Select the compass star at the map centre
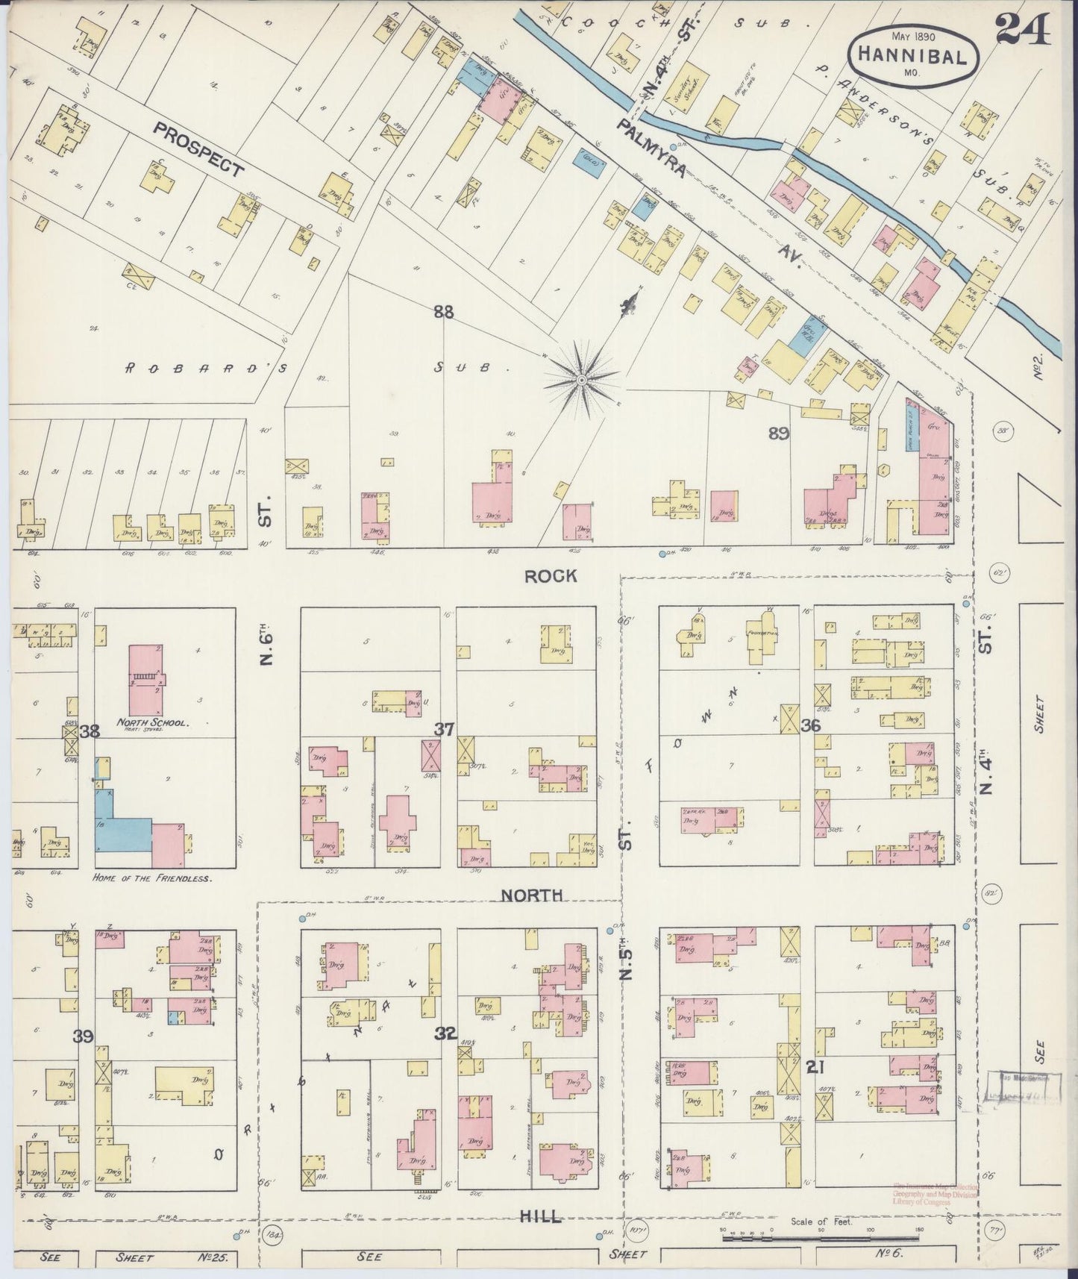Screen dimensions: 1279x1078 tap(581, 380)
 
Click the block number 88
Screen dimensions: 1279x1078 tap(444, 312)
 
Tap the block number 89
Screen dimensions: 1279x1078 tap(779, 433)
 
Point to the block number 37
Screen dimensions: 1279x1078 tap(444, 730)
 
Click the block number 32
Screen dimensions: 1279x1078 tap(445, 1033)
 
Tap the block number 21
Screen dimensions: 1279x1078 tap(815, 1068)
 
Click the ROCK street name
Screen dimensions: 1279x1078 tap(551, 575)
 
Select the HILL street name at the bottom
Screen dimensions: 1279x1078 tap(542, 1216)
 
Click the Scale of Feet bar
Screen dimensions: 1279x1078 tap(791, 1239)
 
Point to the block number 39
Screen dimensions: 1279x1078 tap(84, 1036)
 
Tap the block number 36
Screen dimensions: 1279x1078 tap(811, 725)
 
